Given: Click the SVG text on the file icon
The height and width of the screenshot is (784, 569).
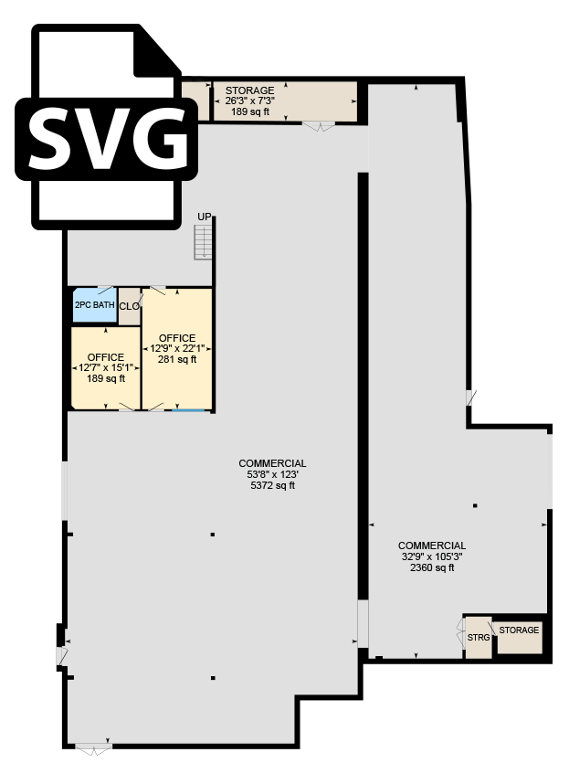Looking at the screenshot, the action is pyautogui.click(x=108, y=138).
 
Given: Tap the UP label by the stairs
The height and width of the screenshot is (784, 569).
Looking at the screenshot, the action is pyautogui.click(x=205, y=217).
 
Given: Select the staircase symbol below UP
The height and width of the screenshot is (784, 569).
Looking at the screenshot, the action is pyautogui.click(x=203, y=242).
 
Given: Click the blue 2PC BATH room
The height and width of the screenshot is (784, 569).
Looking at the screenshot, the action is pyautogui.click(x=95, y=305).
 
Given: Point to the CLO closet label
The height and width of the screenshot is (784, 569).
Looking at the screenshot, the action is pyautogui.click(x=130, y=306).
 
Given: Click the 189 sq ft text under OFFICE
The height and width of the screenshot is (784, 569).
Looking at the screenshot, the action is pyautogui.click(x=106, y=378).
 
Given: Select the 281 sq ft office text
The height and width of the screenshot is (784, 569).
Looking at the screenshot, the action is pyautogui.click(x=177, y=359).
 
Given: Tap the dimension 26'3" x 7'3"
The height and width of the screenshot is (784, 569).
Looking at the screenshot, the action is pyautogui.click(x=249, y=101).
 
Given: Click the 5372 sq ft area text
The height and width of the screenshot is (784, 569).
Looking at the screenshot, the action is pyautogui.click(x=273, y=485).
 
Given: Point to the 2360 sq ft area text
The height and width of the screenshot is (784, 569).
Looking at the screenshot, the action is pyautogui.click(x=432, y=567).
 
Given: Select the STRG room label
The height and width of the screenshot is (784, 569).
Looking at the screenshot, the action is pyautogui.click(x=479, y=638).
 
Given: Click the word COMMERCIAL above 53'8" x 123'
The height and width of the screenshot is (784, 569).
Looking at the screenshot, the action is pyautogui.click(x=273, y=463).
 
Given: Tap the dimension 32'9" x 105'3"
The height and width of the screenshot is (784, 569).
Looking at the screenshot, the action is pyautogui.click(x=432, y=556).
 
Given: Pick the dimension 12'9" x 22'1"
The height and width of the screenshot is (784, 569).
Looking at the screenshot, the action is pyautogui.click(x=177, y=348).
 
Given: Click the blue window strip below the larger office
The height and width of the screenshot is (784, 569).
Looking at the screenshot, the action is pyautogui.click(x=188, y=410).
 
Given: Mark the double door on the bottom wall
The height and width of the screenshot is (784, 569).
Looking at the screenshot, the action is pyautogui.click(x=93, y=748).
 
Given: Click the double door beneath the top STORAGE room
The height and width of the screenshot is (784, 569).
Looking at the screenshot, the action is pyautogui.click(x=320, y=126).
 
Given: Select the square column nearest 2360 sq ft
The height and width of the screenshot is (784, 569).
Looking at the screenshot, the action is pyautogui.click(x=475, y=506).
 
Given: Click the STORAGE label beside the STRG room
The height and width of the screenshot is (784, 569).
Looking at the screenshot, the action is pyautogui.click(x=519, y=630).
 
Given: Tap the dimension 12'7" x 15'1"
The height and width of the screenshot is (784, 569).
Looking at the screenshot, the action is pyautogui.click(x=106, y=368).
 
